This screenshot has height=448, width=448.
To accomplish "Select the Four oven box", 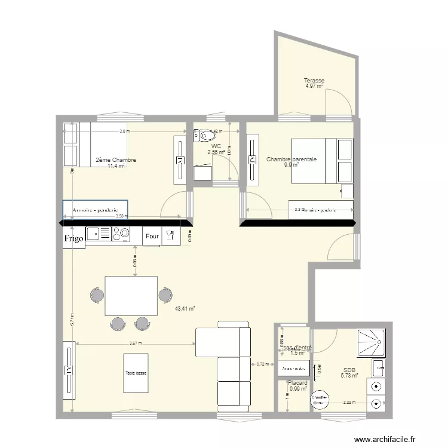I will point(152,237).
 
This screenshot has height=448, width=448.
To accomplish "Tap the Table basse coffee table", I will point(136,373).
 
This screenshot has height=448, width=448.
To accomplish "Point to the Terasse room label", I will point(314,81).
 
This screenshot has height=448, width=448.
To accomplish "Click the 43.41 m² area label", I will point(185,309).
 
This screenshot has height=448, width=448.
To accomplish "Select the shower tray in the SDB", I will point(372,343).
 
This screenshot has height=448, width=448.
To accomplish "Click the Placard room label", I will point(297,383).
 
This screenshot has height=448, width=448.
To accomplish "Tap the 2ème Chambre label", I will point(116,160).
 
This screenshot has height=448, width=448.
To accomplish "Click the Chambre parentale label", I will point(291,159).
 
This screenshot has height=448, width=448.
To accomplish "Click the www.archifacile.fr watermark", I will point(392,439).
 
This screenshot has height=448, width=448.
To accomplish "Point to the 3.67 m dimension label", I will point(136,343).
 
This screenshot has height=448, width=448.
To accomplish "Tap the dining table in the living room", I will point(131,295).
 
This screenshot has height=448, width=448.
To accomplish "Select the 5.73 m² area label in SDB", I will point(349,375).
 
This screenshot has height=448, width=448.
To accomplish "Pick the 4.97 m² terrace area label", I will point(314,86).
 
